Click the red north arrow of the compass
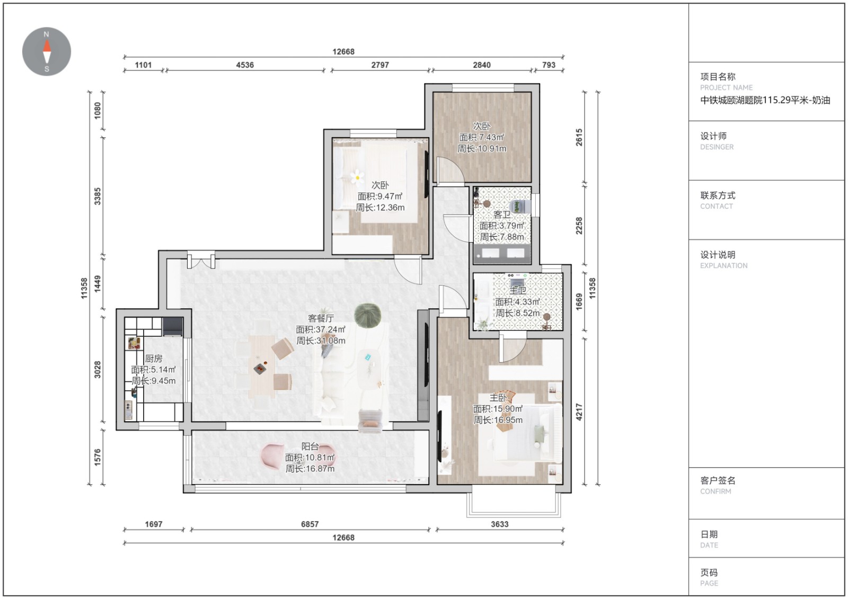click(x=47, y=46)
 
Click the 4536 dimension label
click(x=245, y=65)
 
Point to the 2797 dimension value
click(x=380, y=65)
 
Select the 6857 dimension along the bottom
click(x=310, y=524)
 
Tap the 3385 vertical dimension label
click(x=98, y=196)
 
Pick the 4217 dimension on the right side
click(x=579, y=412)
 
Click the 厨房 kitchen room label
click(x=153, y=359)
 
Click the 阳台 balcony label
click(x=310, y=446)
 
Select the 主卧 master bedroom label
click(x=498, y=398)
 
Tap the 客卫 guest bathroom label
click(x=502, y=215)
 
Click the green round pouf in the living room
click(x=368, y=315)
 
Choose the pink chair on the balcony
click(x=272, y=457)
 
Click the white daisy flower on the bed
click(x=357, y=177)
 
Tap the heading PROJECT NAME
click(x=726, y=88)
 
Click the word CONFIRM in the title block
click(x=715, y=491)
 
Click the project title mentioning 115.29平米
click(x=765, y=100)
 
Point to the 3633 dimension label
click(x=500, y=524)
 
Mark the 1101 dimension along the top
click(x=143, y=65)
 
